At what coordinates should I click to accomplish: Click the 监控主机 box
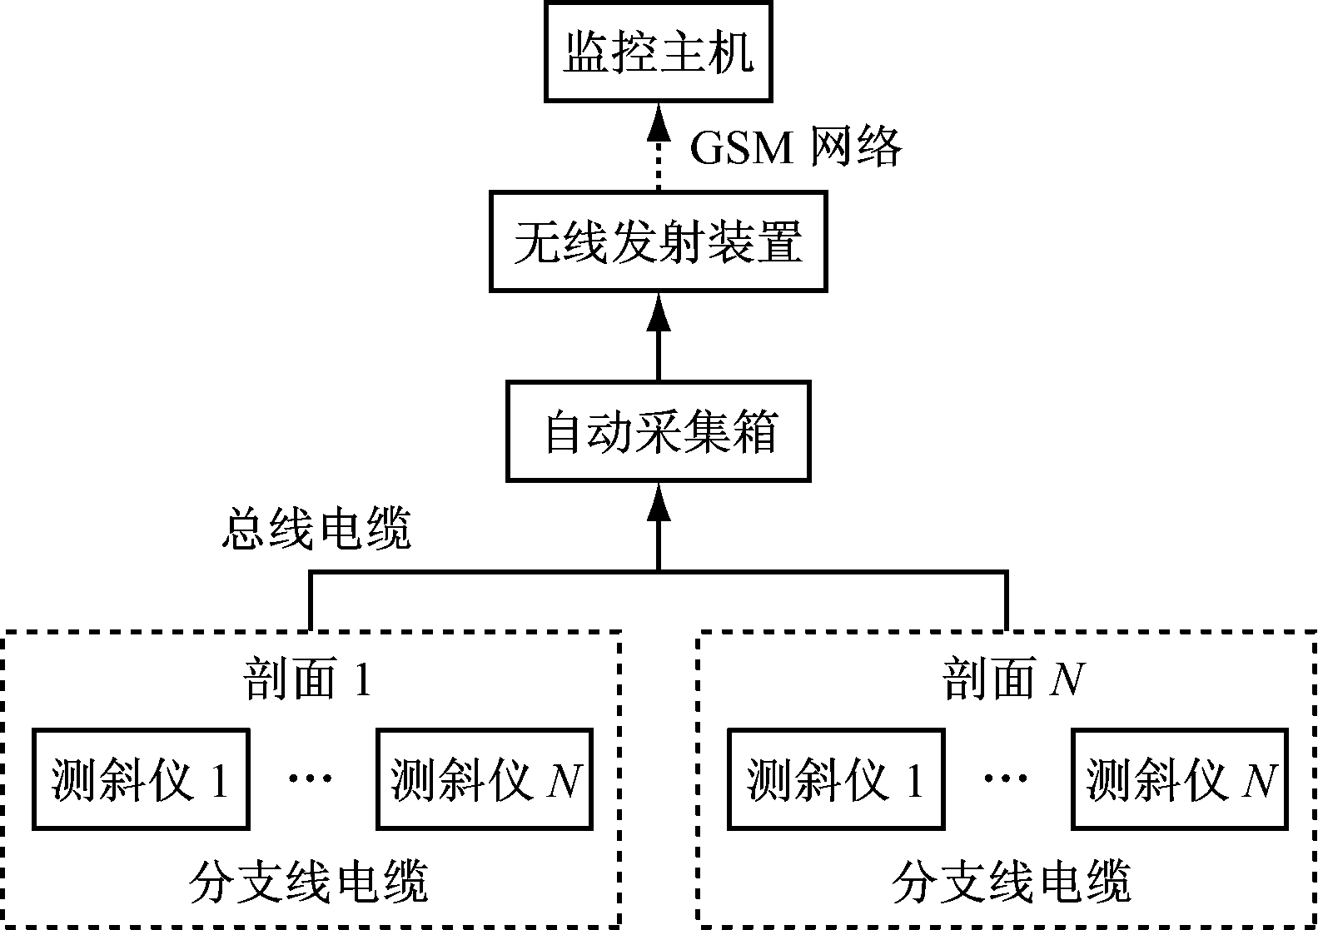pos(659,52)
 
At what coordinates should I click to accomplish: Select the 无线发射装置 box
pos(658,241)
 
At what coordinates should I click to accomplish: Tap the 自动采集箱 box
pos(658,431)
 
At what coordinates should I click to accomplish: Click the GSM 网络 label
pos(796,148)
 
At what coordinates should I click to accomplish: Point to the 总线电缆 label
pos(316,529)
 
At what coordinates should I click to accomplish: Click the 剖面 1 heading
pos(307,679)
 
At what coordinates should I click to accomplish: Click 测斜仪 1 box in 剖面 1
pos(141,779)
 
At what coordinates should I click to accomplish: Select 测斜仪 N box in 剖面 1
pos(485,779)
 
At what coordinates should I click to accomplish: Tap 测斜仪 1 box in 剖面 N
pos(836,779)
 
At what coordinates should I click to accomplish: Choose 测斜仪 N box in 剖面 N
pos(1180,779)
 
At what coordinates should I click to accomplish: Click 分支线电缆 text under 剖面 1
pos(309,882)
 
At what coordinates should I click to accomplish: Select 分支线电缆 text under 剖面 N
pos(1011,882)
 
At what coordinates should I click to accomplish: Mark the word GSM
pos(742,148)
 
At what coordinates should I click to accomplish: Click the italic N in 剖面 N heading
pos(1067,679)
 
